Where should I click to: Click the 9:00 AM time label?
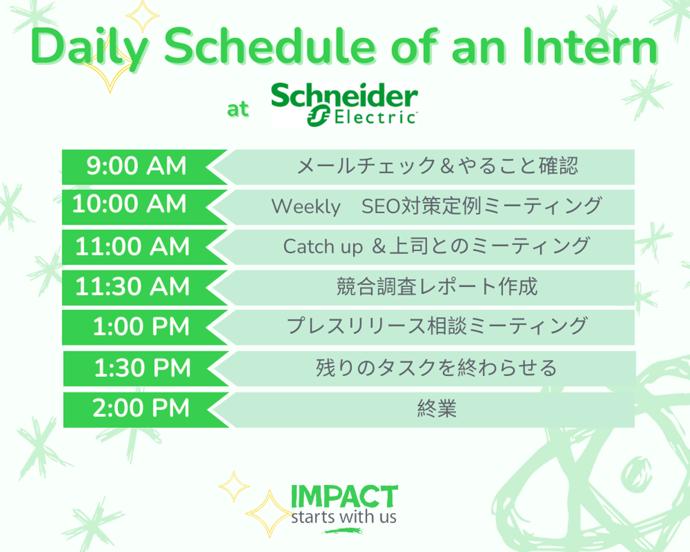point(136,166)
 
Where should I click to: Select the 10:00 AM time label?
point(129,204)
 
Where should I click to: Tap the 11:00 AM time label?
point(132,246)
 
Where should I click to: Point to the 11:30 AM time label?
point(132,286)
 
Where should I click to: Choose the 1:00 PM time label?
point(141,326)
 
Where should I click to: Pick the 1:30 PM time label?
point(142,368)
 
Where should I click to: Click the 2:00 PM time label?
point(141,408)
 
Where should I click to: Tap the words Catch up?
point(323,247)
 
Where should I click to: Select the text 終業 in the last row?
point(437,409)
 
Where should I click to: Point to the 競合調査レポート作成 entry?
point(437,287)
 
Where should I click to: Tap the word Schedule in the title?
point(270,46)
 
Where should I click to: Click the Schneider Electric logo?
point(345,104)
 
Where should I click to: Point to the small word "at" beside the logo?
point(238,109)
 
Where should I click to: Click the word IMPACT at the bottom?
point(345,496)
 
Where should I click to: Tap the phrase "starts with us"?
point(344,517)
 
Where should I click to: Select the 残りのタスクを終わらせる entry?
point(437,368)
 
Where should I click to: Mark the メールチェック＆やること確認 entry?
point(437,166)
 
